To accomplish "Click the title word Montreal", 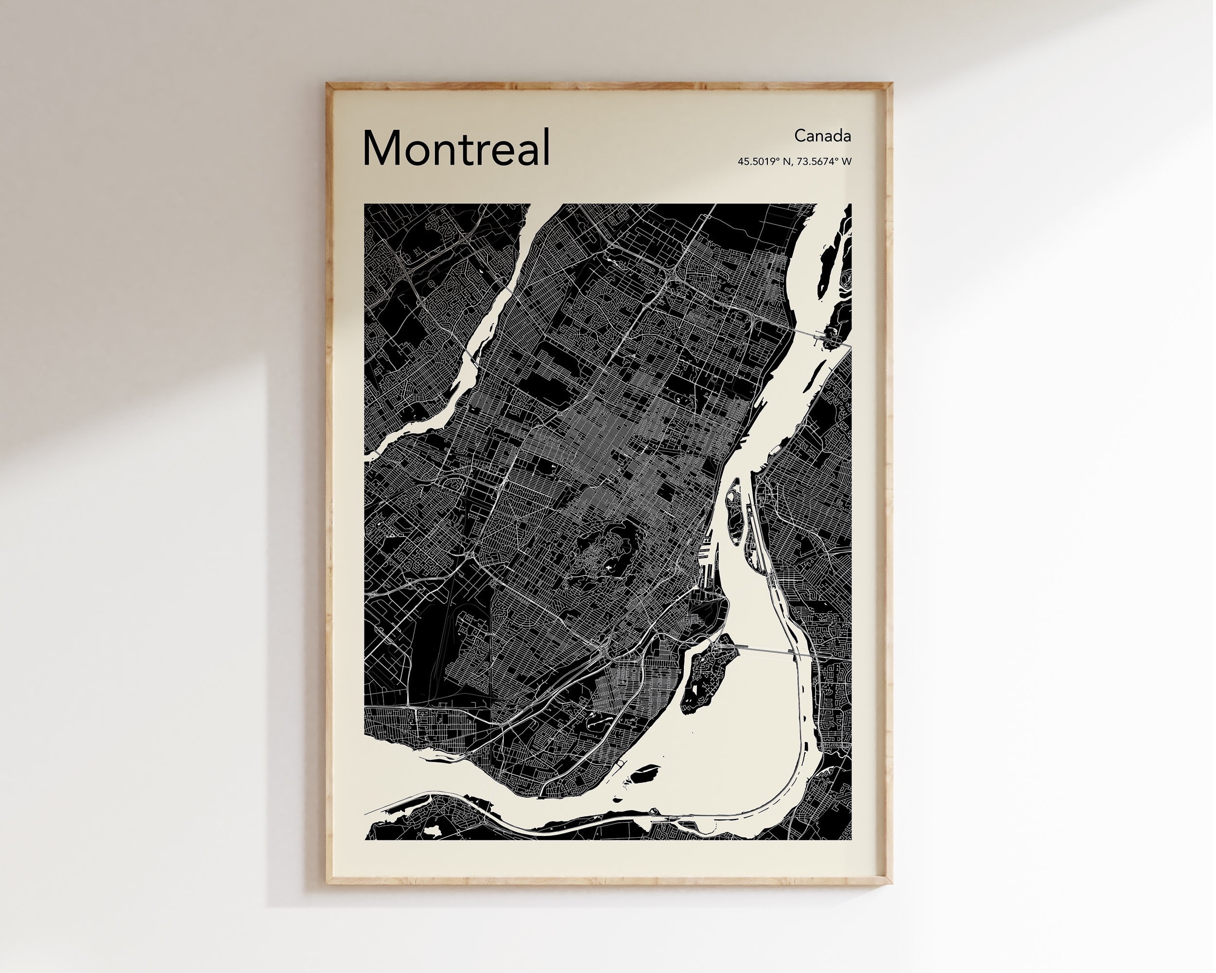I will coord(456,148).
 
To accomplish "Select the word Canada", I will coord(822,136).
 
